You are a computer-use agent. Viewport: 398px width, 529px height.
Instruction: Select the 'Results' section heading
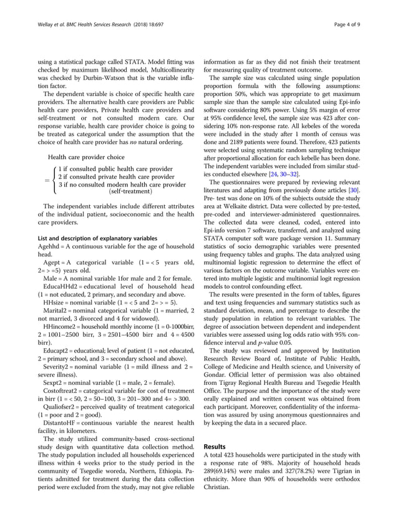(216, 447)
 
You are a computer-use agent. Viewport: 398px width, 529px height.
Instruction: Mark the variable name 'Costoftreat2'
(64, 372)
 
